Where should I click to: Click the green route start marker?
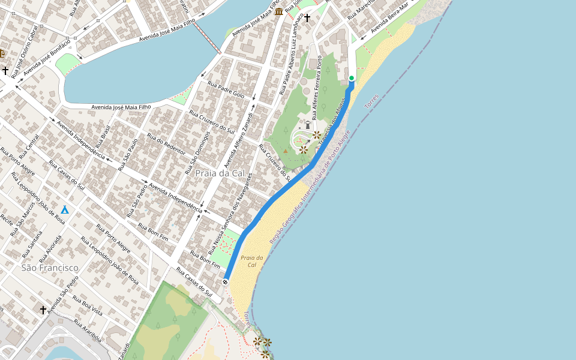click(x=352, y=78)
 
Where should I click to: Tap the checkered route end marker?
click(x=225, y=281)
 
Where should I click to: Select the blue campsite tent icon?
click(x=65, y=209)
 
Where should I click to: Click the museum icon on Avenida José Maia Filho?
click(x=279, y=11)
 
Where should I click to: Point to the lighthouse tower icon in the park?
click(x=308, y=125)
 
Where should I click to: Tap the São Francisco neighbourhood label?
click(x=50, y=268)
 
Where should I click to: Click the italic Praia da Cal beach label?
click(x=248, y=261)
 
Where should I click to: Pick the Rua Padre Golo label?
click(x=226, y=90)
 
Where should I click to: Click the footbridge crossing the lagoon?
click(x=208, y=40)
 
